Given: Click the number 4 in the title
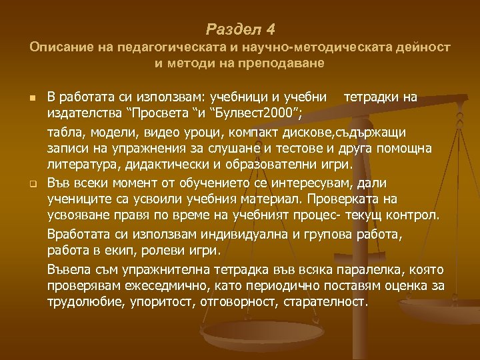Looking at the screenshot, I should pos(269,30).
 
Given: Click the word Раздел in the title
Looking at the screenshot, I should pos(233,30).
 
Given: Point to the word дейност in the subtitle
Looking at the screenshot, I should pos(426,48).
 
